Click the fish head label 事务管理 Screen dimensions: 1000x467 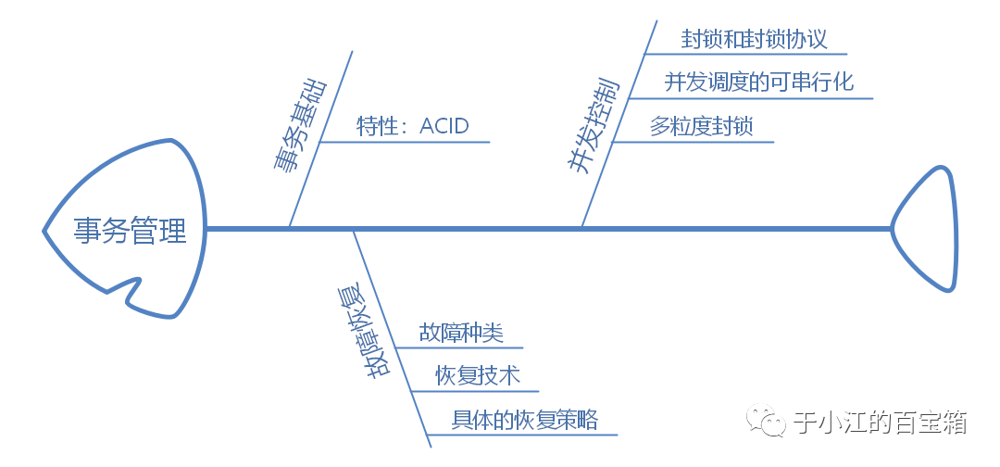tap(131, 230)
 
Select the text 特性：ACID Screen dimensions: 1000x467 tap(413, 126)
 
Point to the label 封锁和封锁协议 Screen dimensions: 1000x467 tap(754, 39)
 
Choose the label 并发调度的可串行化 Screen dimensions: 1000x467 tap(758, 82)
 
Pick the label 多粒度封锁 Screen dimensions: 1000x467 tap(701, 126)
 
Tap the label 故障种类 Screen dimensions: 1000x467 tap(460, 333)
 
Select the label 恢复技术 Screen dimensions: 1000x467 tap(478, 375)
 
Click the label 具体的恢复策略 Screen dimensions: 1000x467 tap(525, 420)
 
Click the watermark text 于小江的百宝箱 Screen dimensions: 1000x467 tap(881, 423)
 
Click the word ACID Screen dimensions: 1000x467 tap(444, 126)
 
